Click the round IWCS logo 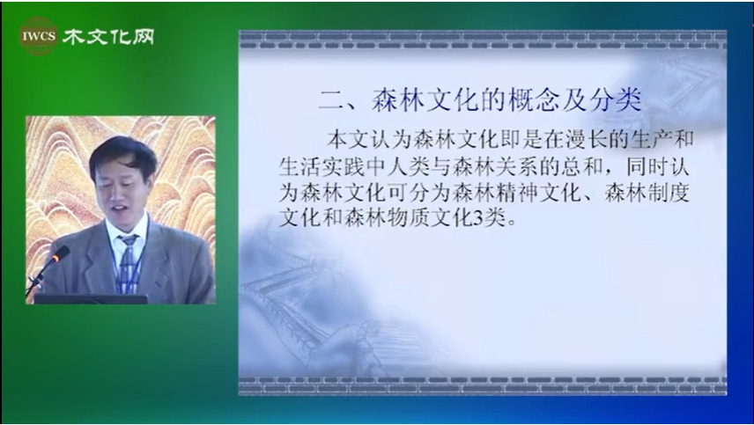click(38, 36)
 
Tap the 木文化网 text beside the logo click(109, 36)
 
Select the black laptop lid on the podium click(91, 299)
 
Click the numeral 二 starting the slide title click(332, 101)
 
